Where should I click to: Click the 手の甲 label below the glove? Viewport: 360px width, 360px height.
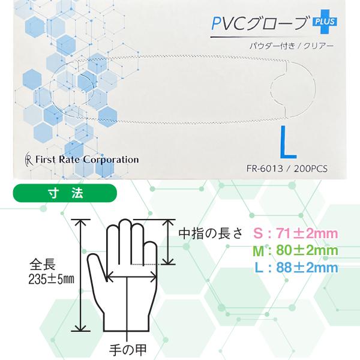coord(128,347)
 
